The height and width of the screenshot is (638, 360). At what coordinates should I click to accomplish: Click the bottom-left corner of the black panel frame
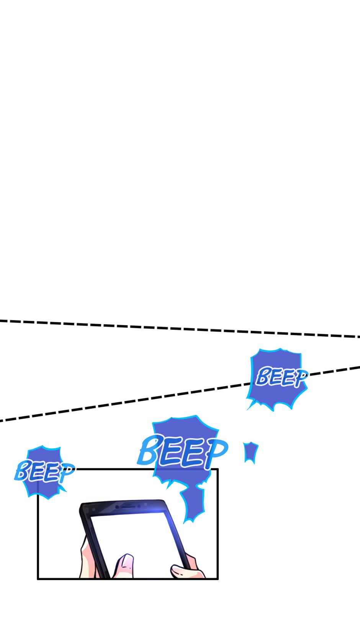click(x=38, y=579)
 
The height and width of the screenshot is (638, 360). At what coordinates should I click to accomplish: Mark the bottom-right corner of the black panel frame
click(x=218, y=579)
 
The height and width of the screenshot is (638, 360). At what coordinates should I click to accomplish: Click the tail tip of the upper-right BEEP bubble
click(x=247, y=410)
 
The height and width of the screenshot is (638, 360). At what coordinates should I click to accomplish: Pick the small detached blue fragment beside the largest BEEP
click(x=251, y=453)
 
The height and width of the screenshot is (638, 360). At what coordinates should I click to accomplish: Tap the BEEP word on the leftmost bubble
click(x=45, y=472)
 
